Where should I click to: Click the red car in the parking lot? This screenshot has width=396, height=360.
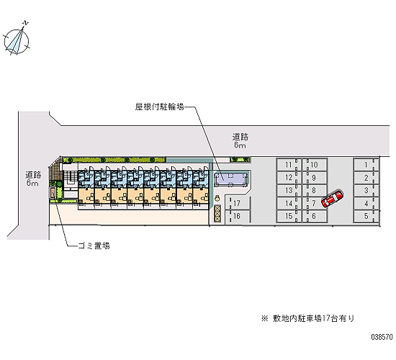[x=333, y=199]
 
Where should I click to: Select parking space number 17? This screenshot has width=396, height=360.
[x=238, y=203]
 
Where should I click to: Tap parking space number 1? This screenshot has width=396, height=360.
[x=366, y=165]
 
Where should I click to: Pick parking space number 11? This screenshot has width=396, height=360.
[x=289, y=165]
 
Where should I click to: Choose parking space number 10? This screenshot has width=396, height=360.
[x=315, y=165]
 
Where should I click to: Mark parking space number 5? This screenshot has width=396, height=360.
[x=366, y=216]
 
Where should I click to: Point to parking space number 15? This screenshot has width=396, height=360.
[x=289, y=216]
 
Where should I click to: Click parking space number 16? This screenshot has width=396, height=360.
[x=238, y=216]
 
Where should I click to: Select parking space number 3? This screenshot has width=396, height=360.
[x=366, y=191]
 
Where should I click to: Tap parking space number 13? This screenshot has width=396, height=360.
[x=289, y=191]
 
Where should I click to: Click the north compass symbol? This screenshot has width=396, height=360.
[x=17, y=40]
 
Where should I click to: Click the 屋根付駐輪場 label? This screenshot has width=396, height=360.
[x=159, y=107]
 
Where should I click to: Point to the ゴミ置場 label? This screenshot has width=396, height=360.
[x=94, y=246]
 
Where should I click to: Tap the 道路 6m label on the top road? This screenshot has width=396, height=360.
[x=240, y=140]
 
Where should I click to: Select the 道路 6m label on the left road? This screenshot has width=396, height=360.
[x=33, y=179]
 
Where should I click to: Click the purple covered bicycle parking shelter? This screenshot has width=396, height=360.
[x=230, y=179]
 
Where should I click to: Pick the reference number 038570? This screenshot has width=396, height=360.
[x=382, y=337]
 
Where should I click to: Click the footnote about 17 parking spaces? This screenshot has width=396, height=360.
[x=308, y=318]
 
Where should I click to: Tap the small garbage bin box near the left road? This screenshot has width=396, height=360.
[x=53, y=193]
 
